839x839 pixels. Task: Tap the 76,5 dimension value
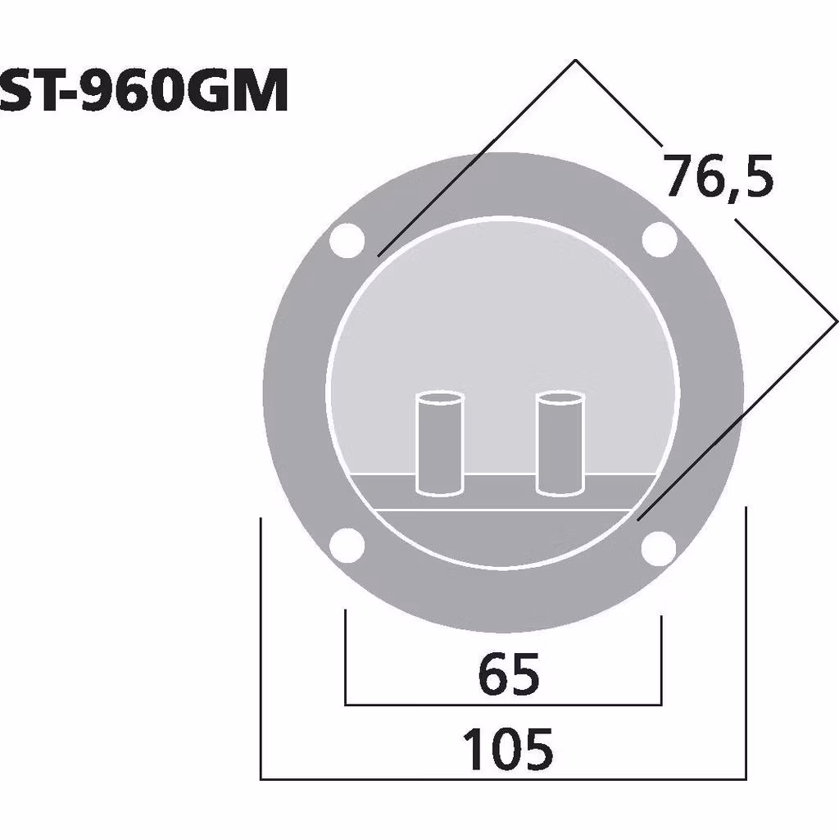click(x=718, y=177)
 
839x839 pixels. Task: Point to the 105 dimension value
click(x=508, y=750)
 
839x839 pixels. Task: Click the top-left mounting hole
click(x=346, y=240)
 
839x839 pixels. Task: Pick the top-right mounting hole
click(x=659, y=240)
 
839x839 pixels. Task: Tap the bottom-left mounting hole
click(x=346, y=546)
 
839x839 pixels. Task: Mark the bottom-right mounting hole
click(x=659, y=547)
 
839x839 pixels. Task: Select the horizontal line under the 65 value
click(x=503, y=704)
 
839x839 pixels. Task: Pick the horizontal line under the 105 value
click(x=503, y=778)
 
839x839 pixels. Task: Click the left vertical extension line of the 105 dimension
click(x=261, y=647)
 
